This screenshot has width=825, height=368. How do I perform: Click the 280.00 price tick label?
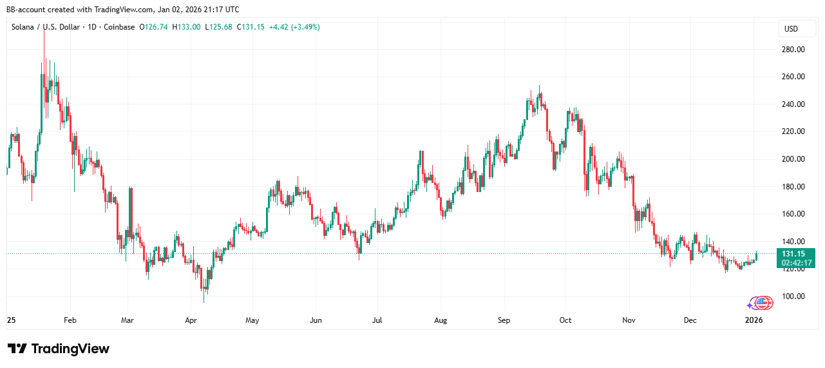tap(792, 50)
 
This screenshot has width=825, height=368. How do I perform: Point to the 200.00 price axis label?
tap(792, 159)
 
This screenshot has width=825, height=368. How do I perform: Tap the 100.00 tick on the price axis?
tap(792, 296)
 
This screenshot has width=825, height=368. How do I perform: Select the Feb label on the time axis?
tap(70, 320)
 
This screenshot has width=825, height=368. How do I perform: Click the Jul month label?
tap(377, 320)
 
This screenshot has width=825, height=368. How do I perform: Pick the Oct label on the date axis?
tap(565, 320)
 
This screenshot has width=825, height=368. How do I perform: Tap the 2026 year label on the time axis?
tap(754, 320)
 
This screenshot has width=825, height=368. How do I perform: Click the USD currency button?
tap(791, 29)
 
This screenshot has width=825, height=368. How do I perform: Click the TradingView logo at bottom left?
tap(59, 349)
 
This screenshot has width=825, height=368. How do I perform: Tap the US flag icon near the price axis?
tap(763, 303)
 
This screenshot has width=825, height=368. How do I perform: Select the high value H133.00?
tap(188, 27)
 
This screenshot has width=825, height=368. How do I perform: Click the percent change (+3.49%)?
tap(305, 27)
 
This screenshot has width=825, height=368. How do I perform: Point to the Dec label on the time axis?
tap(690, 320)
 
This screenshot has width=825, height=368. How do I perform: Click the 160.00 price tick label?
tap(792, 214)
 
